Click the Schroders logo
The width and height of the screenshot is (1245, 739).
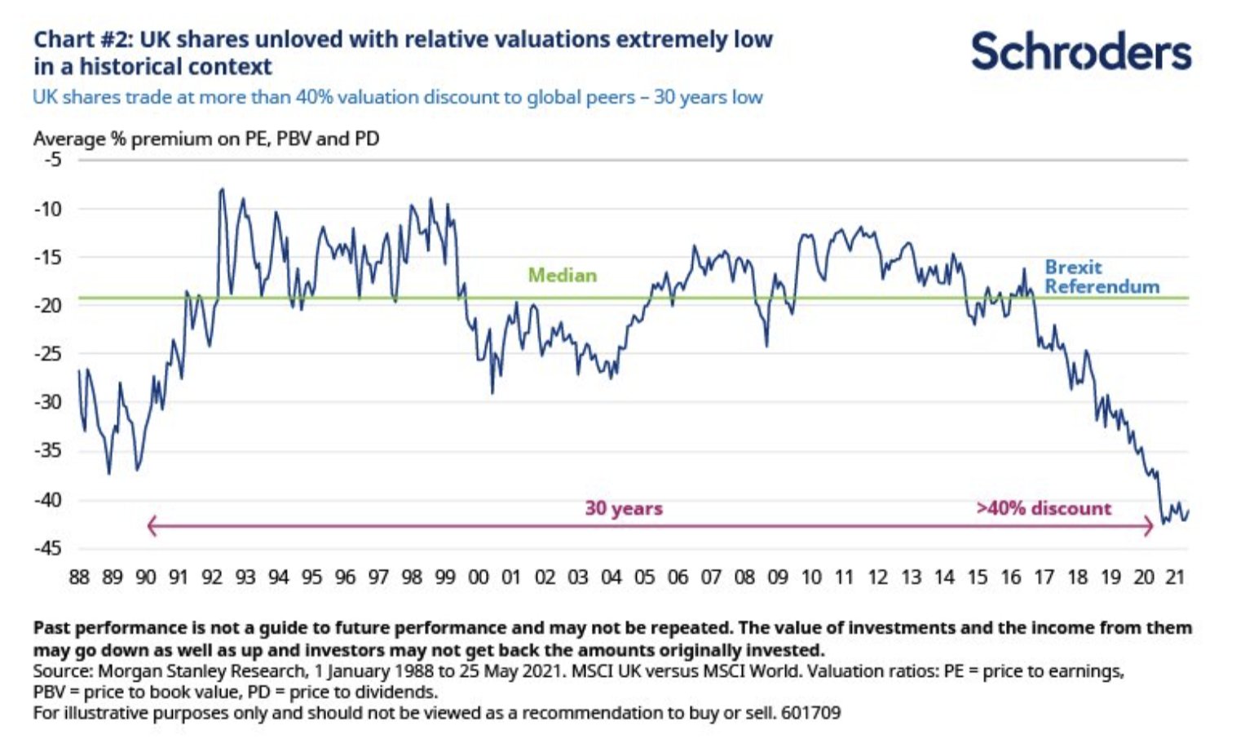pos(1080,51)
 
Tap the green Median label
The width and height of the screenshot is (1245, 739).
pos(562,276)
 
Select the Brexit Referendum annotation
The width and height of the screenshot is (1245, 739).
pos(1102,277)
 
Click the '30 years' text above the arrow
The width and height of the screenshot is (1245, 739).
pos(623,509)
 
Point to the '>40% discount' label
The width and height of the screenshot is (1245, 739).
pos(1044,509)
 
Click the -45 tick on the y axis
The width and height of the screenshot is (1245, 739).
pos(48,548)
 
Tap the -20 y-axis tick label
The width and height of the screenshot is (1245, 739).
pos(48,305)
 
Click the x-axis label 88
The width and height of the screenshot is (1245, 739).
pos(79,577)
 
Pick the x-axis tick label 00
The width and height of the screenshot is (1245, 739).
pos(478,577)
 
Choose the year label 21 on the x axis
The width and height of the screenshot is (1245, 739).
pos(1174,577)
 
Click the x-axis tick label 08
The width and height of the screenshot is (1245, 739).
pos(744,577)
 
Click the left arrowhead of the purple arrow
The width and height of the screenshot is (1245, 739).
pos(151,526)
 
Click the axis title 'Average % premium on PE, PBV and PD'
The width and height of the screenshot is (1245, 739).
pos(206,139)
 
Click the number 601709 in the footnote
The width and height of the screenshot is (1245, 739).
pos(810,713)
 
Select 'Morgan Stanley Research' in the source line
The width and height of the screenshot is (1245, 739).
pos(201,671)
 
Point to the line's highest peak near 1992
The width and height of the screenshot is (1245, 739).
pos(221,190)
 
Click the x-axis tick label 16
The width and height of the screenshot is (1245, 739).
pos(1010,577)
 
